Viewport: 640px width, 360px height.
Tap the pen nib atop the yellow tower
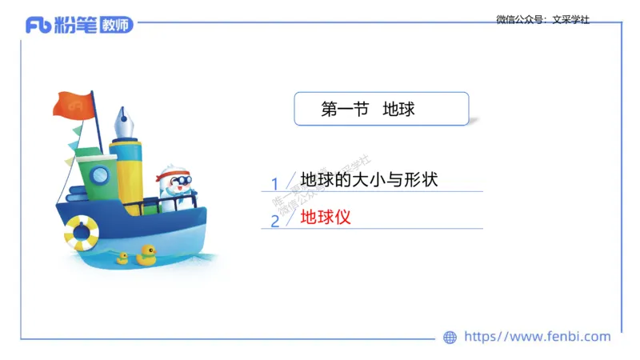[x=124, y=122]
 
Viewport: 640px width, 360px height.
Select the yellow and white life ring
[x=82, y=232]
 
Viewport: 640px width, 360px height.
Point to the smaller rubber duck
[x=122, y=258]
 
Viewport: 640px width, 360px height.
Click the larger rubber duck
[x=146, y=255]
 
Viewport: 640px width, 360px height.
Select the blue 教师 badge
[x=115, y=26]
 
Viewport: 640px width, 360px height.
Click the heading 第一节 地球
[x=368, y=110]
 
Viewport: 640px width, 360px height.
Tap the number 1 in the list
[x=274, y=183]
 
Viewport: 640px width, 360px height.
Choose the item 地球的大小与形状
[x=369, y=180]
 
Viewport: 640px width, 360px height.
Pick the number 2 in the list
[x=274, y=221]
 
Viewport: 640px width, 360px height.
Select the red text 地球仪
[x=326, y=217]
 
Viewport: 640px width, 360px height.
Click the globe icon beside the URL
[x=450, y=338]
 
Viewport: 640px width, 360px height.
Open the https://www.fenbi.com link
[x=538, y=337]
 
